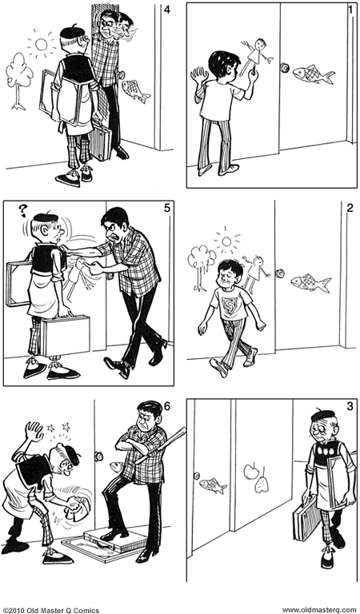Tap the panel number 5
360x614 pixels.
click(166, 209)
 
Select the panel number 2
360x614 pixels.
click(350, 209)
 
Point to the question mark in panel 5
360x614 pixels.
click(23, 211)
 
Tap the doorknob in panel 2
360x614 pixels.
click(280, 273)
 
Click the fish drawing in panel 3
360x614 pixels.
click(213, 484)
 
